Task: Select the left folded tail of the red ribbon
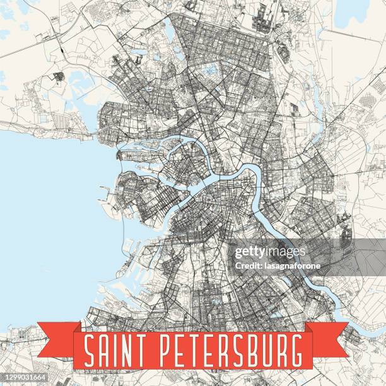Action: coord(57,337)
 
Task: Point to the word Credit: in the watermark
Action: coord(249,266)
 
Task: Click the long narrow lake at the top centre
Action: coord(170,28)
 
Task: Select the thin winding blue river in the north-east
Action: coord(315,107)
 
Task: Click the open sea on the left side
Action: coord(44,208)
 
